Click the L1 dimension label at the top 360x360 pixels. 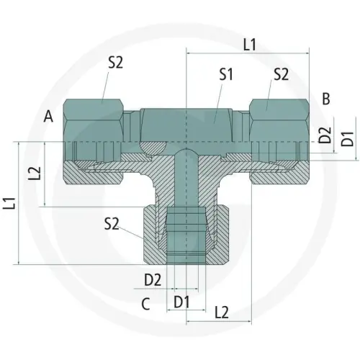(249, 45)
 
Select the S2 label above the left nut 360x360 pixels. (116, 63)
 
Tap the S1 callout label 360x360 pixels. (226, 74)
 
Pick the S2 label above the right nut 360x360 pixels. (281, 74)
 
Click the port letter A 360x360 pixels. (48, 115)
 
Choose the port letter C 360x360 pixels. (145, 305)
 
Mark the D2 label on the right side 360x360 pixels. (325, 134)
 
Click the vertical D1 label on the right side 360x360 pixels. (347, 139)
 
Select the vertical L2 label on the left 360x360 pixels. (32, 174)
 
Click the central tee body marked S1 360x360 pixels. (186, 126)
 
